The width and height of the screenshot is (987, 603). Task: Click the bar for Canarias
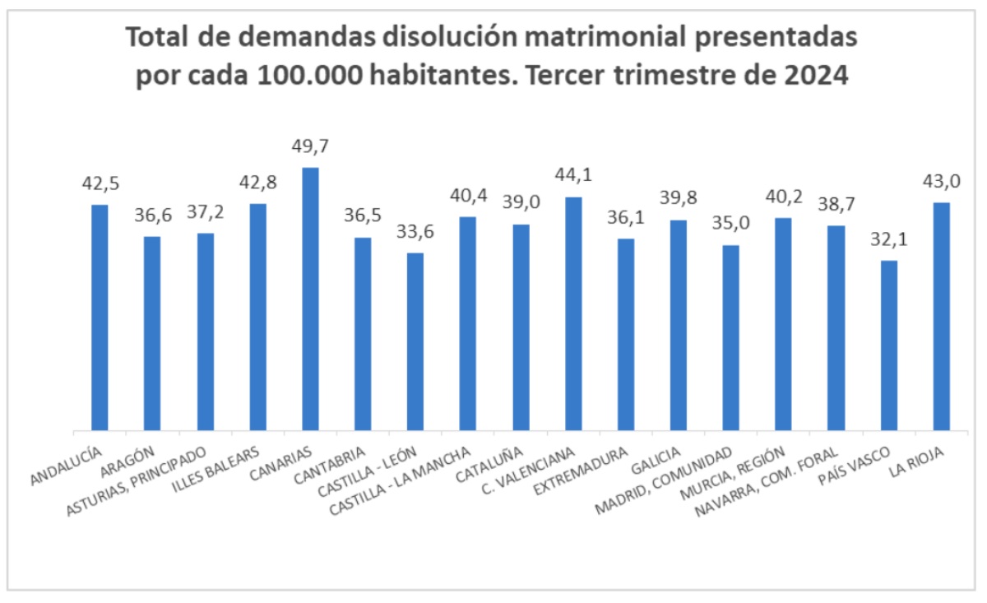click(310, 298)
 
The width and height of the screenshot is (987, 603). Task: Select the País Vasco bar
click(889, 345)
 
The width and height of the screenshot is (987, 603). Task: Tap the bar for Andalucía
click(100, 317)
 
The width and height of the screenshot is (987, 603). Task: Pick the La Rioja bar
click(942, 316)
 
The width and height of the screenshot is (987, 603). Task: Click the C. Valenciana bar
click(573, 313)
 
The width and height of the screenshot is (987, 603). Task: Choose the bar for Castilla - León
click(415, 341)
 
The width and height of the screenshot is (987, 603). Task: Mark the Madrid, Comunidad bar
click(731, 337)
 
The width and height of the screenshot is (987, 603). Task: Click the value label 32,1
click(888, 240)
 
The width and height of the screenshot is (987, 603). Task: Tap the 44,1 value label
click(573, 175)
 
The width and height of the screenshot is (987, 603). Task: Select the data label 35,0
click(730, 225)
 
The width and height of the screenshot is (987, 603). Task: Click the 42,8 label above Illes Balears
click(257, 183)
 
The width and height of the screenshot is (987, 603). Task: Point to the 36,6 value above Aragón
click(152, 216)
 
